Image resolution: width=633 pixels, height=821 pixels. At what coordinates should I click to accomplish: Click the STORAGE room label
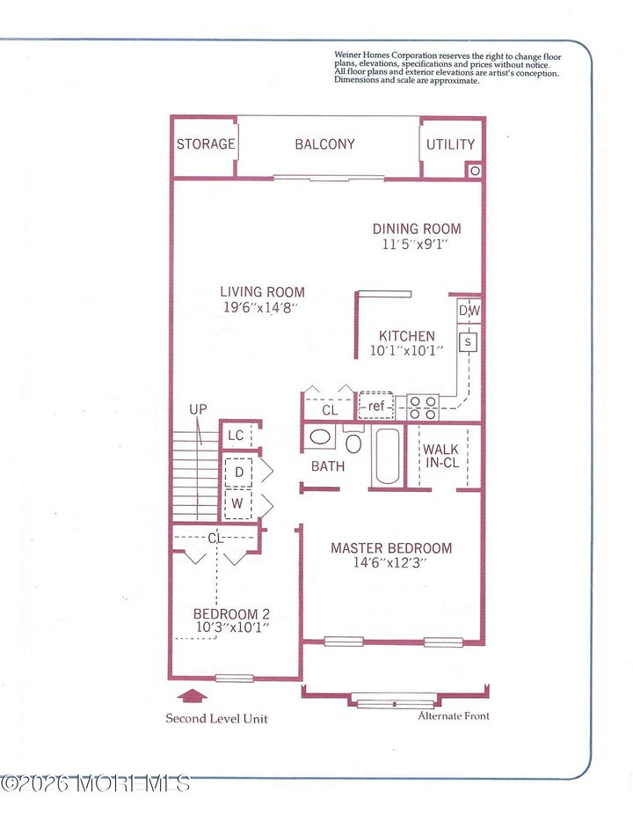206,144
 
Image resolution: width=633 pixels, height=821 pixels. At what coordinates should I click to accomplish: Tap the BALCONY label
324,144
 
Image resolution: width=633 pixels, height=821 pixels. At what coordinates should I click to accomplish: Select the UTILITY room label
450,144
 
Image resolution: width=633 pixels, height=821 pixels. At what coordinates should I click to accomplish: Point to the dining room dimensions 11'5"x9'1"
416,244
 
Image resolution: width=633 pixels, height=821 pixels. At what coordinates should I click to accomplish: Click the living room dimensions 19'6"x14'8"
262,308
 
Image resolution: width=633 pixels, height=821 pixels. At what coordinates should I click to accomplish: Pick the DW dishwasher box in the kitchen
469,312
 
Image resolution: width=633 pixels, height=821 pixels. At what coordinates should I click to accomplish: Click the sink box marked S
468,341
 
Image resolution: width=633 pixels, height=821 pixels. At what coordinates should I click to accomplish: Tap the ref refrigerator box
376,406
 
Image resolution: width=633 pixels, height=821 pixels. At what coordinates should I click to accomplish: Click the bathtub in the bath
388,456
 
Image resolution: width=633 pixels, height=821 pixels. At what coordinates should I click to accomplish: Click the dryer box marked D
238,473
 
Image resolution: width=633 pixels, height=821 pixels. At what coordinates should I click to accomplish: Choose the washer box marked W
238,505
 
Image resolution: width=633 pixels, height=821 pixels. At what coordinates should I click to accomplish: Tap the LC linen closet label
236,436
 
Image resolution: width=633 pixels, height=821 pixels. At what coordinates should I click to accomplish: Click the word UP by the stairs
199,410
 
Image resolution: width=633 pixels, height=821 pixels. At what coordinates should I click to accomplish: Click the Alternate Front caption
454,715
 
